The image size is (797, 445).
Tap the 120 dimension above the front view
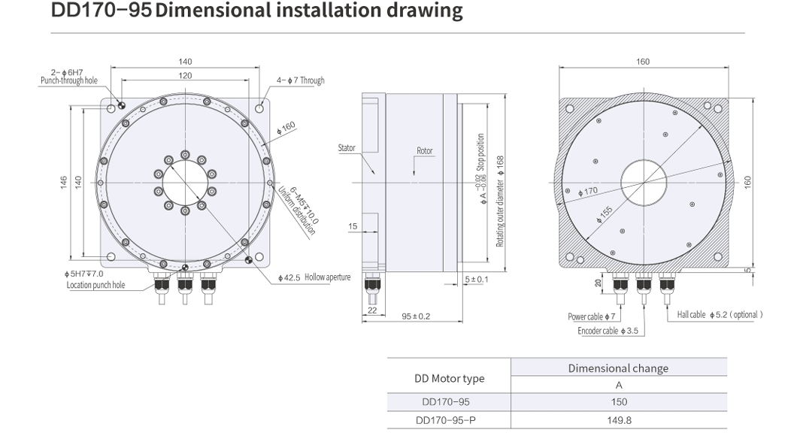pyautogui.click(x=185, y=76)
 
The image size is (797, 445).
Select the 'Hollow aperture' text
pyautogui.click(x=328, y=277)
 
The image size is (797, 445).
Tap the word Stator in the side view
pyautogui.click(x=347, y=148)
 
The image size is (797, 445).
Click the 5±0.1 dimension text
pyautogui.click(x=476, y=280)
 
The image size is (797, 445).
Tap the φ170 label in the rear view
pyautogui.click(x=588, y=191)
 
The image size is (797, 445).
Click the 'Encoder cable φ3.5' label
pyautogui.click(x=608, y=330)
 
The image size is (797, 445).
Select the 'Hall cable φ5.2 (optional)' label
pyautogui.click(x=720, y=314)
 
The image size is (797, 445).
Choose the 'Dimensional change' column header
pyautogui.click(x=618, y=368)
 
